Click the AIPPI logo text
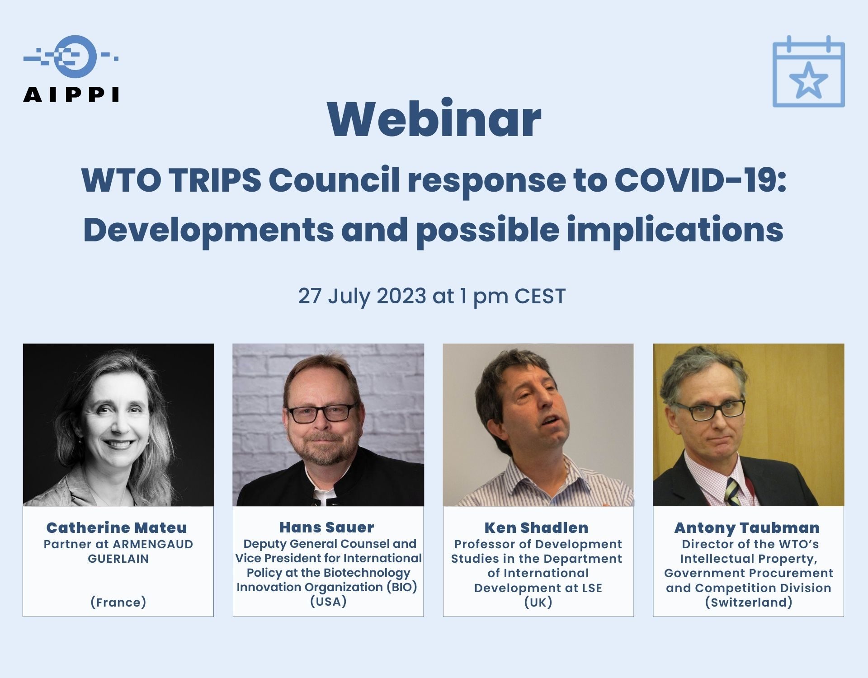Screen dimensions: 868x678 point(71,94)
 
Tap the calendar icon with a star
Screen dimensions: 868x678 point(808,71)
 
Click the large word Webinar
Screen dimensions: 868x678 point(434,119)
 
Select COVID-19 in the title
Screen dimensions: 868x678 point(700,179)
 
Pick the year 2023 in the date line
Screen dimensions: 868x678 point(401,296)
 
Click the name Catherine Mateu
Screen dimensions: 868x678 point(117,527)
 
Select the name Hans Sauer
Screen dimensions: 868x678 point(327,527)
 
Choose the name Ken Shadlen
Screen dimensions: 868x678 point(537,527)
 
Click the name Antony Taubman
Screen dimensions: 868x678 point(747,527)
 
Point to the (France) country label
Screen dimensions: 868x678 point(118,602)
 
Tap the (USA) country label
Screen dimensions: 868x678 point(328,602)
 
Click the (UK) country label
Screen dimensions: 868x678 point(538,602)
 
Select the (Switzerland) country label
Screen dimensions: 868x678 point(749,602)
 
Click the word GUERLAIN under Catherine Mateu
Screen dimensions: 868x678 point(118,559)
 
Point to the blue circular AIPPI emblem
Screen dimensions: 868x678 point(75,56)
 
